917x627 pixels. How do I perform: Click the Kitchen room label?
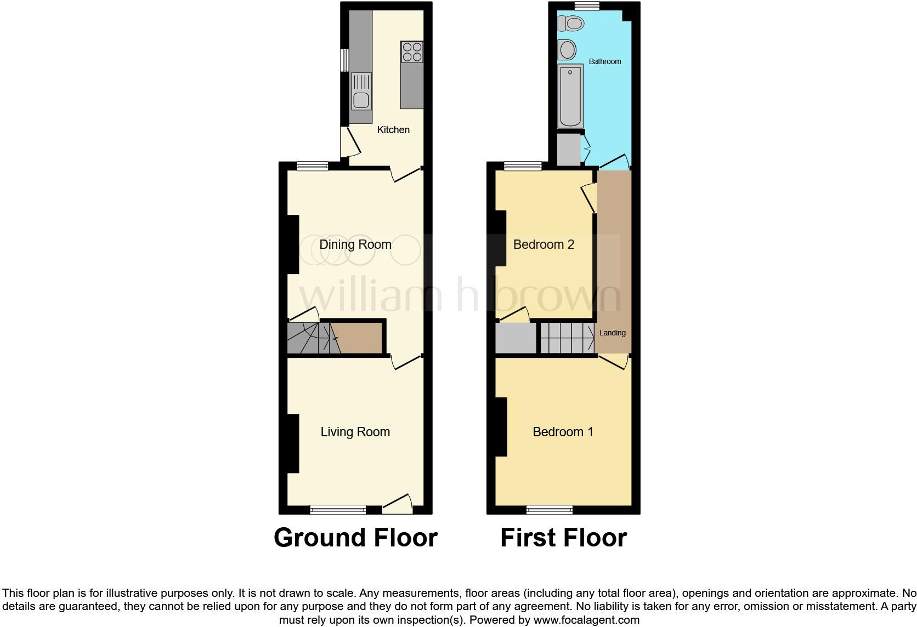coord(393,130)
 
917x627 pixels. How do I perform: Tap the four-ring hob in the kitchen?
coord(412,52)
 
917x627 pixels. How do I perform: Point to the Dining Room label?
coord(355,244)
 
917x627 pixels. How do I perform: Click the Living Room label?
coord(355,432)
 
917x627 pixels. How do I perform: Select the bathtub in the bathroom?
coord(570,96)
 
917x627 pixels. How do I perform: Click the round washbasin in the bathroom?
coord(567,50)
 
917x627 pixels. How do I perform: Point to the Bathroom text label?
coord(605,61)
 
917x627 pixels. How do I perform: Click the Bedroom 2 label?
coord(544,244)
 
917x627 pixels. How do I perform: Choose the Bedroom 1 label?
coord(563,432)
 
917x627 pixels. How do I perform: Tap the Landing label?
coord(612,333)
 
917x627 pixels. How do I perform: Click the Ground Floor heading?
coord(355,538)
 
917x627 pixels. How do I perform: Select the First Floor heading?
coord(563,538)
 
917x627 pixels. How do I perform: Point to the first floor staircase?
coord(567,338)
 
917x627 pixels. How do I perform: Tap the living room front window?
coord(338,510)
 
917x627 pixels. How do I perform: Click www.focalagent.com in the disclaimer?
coord(586,620)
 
